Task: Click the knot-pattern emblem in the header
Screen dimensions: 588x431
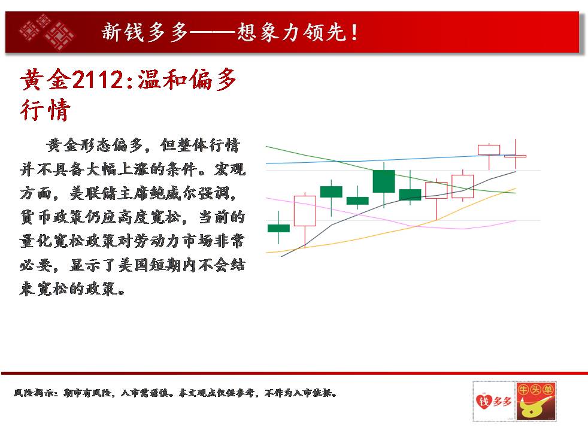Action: tap(47, 32)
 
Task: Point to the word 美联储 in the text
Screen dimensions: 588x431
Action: tap(93, 193)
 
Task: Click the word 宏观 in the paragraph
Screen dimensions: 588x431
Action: tap(229, 169)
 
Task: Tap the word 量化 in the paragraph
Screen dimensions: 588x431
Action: tap(35, 241)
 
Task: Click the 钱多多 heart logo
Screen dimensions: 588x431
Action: tap(493, 401)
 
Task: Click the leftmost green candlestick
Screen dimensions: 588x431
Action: tap(278, 228)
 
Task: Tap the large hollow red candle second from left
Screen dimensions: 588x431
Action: tap(305, 211)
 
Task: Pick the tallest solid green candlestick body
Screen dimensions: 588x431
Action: tap(384, 181)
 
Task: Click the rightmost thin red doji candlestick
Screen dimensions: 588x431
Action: tap(516, 156)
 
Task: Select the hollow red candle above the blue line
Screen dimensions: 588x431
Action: tap(489, 150)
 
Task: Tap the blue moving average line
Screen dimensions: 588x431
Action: tap(390, 160)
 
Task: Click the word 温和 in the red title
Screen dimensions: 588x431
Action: tap(162, 80)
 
